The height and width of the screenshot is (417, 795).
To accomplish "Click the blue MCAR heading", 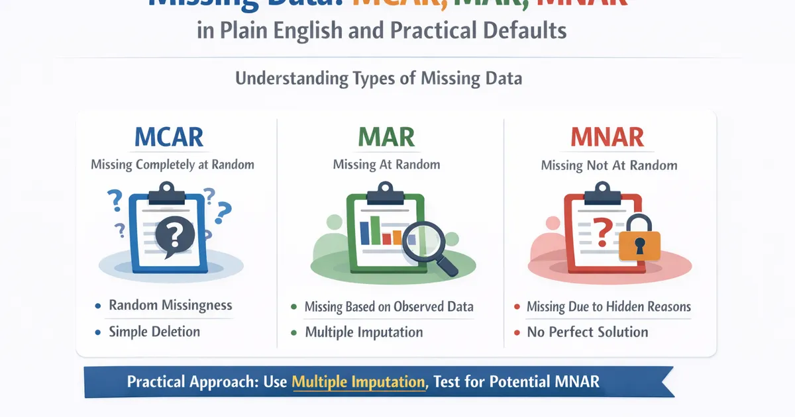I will (x=168, y=137).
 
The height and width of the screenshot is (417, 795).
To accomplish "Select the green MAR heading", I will (x=386, y=137).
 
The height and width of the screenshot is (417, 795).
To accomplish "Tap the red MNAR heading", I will (x=608, y=137).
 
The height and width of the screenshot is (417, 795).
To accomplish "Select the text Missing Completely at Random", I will (x=172, y=164).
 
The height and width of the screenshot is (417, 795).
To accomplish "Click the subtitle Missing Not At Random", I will (x=609, y=165).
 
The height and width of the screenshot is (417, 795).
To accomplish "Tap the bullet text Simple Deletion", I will (x=154, y=332).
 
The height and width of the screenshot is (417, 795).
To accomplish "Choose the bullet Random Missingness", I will (x=170, y=305).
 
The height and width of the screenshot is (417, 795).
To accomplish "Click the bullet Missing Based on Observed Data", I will (x=389, y=306).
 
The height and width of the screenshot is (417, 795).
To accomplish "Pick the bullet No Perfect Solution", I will (x=588, y=332).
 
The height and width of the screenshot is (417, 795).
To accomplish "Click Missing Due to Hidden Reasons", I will (x=608, y=306).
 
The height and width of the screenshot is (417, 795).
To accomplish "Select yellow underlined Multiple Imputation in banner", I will (x=358, y=382).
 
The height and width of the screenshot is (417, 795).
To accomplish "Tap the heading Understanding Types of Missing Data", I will (x=378, y=79).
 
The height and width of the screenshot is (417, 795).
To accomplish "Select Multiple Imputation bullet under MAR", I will (x=364, y=332).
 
